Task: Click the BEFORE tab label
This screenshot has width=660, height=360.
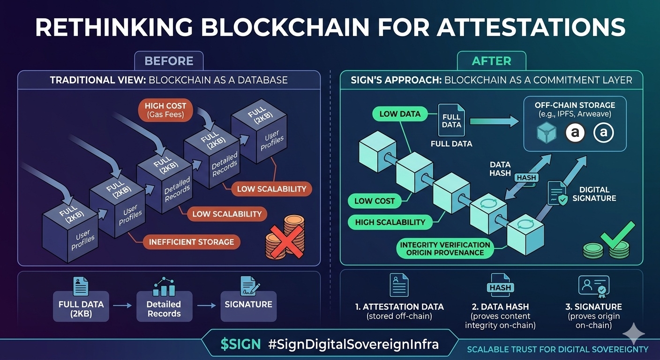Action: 169,61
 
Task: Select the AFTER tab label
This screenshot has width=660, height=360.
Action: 491,61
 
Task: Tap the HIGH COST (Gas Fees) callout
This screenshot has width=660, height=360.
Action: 165,110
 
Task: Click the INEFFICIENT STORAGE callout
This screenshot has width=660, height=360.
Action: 191,242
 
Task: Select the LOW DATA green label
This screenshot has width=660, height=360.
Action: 400,113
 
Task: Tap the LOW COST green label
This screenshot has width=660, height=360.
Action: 375,201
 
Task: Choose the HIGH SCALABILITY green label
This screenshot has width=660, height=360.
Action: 390,222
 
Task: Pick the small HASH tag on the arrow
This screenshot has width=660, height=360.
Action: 526,178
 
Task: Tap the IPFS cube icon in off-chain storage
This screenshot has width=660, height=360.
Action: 547,133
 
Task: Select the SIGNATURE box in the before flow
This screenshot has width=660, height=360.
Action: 248,305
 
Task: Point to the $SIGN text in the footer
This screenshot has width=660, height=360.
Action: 240,345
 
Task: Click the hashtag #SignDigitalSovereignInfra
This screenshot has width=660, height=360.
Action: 353,345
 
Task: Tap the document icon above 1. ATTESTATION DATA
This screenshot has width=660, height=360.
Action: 399,285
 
